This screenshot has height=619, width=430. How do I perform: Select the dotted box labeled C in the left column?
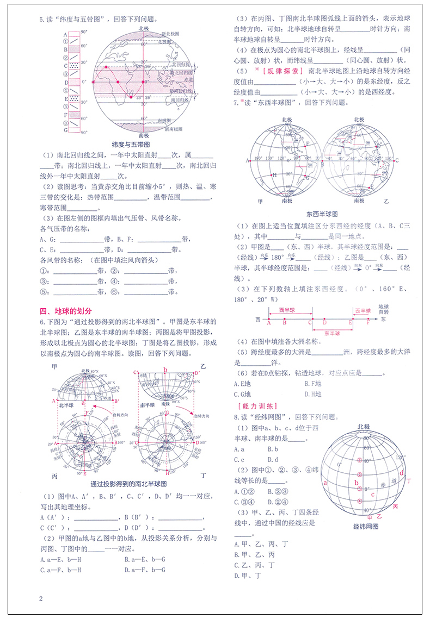click(x=72, y=66)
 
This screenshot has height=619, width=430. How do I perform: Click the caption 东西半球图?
click(x=322, y=214)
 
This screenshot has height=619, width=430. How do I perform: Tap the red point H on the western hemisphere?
click(x=273, y=175)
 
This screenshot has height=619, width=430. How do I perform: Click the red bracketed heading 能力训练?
click(x=257, y=406)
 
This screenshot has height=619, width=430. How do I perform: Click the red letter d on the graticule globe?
click(x=401, y=472)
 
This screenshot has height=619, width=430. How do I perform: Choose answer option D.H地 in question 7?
click(x=314, y=394)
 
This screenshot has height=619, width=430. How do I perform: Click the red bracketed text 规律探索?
click(x=279, y=71)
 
